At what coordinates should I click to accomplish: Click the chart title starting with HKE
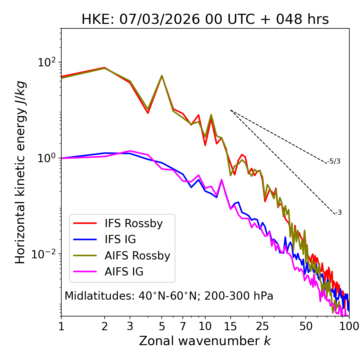click(x=205, y=19)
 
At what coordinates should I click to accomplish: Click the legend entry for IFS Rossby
click(x=134, y=223)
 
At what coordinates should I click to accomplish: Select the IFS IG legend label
click(x=120, y=239)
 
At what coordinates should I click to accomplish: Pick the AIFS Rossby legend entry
click(x=137, y=256)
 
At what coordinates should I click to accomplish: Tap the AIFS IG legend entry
click(x=124, y=272)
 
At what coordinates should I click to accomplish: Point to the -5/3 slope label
click(x=334, y=161)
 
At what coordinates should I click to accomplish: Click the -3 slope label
click(x=338, y=212)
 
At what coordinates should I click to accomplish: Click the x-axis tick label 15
click(x=230, y=326)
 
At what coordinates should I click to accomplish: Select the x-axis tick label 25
click(x=262, y=326)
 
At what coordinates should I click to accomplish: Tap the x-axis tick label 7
click(x=183, y=326)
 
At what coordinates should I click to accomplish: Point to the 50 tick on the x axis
click(x=306, y=326)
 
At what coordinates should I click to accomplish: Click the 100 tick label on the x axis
click(x=349, y=326)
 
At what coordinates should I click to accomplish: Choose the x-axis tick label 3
click(x=130, y=326)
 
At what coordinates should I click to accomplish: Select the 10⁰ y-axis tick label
click(x=46, y=158)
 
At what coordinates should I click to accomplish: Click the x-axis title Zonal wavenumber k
click(x=205, y=341)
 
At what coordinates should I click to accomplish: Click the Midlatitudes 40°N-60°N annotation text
click(x=169, y=296)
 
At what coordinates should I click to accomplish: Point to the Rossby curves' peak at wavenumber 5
click(x=162, y=76)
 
